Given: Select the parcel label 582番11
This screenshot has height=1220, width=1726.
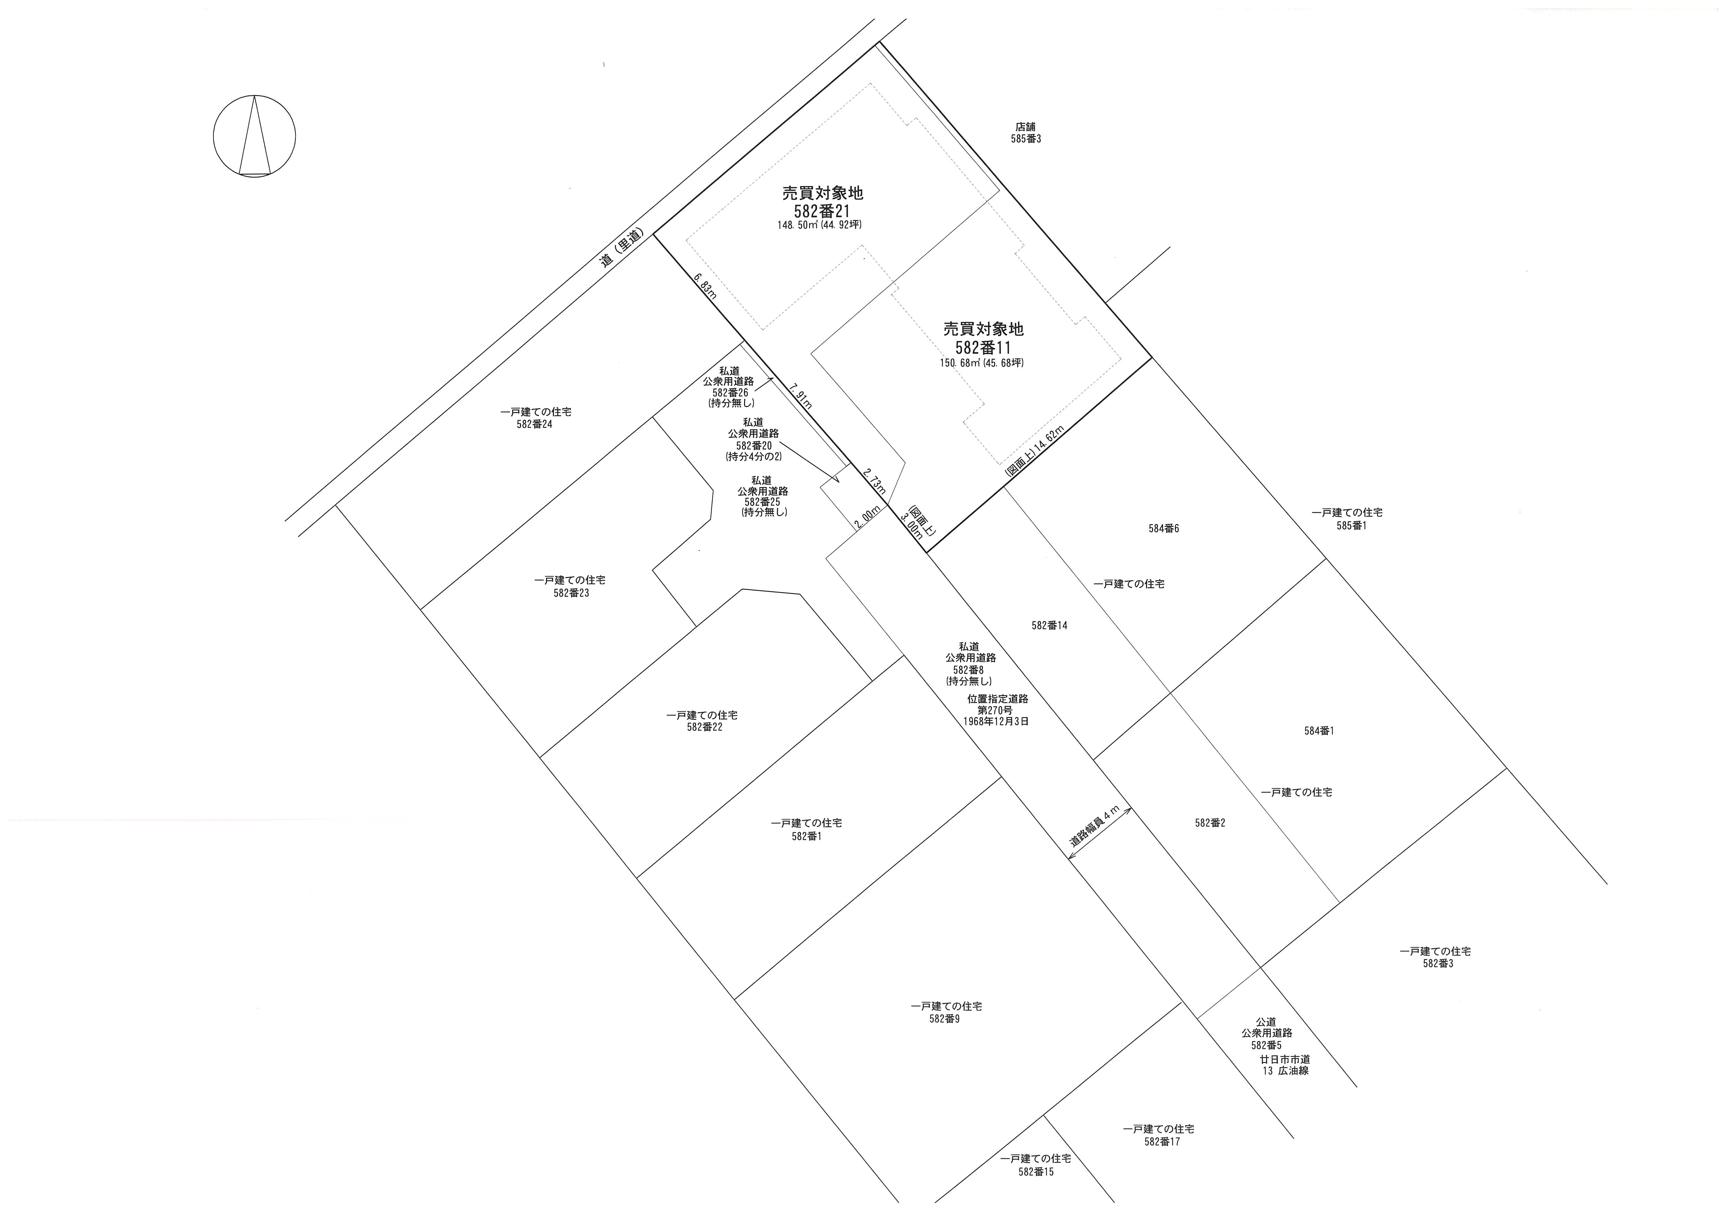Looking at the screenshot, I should click(x=983, y=348).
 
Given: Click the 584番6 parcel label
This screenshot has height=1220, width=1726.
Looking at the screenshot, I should click(x=1164, y=528).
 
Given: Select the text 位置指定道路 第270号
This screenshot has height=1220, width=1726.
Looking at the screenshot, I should click(x=998, y=703).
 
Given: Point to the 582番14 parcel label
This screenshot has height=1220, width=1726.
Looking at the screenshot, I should click(x=1049, y=625).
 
